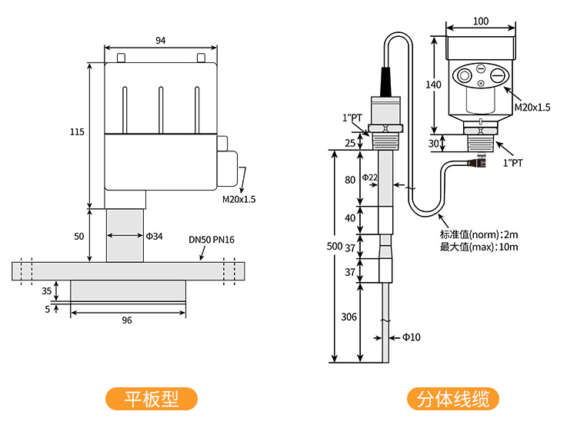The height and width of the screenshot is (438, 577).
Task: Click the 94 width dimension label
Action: (160, 40)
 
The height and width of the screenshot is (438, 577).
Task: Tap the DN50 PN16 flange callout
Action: (212, 240)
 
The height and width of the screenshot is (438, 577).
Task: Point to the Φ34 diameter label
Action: (155, 236)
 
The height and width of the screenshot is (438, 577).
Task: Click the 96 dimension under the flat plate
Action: (127, 320)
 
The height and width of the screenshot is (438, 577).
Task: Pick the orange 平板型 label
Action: (152, 400)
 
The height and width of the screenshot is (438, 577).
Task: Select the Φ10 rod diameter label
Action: (411, 337)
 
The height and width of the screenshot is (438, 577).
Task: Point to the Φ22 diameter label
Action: (370, 178)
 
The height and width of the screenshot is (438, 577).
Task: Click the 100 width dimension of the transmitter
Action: (481, 22)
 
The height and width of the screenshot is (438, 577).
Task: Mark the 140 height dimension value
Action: (434, 84)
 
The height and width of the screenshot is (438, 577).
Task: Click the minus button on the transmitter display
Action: (498, 76)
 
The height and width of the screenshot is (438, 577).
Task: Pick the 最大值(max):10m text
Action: (479, 247)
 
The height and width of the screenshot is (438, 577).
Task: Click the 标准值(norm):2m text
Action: (479, 234)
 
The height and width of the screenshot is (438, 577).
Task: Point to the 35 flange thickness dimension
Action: (47, 291)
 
